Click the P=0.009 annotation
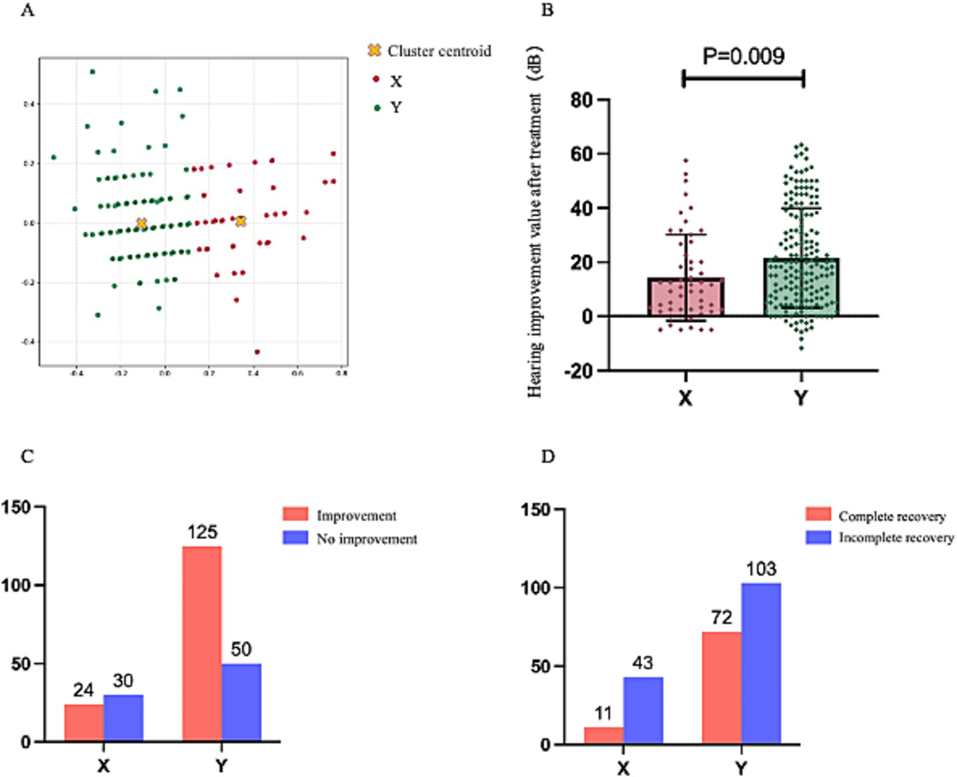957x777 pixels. tap(743, 56)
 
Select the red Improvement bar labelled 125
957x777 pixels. tap(202, 644)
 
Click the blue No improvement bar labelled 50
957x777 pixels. tap(241, 702)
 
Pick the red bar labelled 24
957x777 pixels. tap(84, 723)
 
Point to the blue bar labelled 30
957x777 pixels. tap(123, 718)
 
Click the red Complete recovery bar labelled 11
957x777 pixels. tap(604, 735)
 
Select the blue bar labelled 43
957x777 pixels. tap(643, 710)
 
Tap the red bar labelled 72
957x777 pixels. tap(721, 687)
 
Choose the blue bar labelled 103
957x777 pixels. tap(761, 663)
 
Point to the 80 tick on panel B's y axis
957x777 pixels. tap(582, 100)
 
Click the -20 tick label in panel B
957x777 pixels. tap(578, 371)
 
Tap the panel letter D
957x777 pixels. tap(547, 457)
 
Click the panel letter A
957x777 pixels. tap(27, 11)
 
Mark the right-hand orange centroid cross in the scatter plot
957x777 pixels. tap(241, 221)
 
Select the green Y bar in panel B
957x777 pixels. tap(801, 287)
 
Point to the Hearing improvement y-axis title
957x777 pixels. tap(535, 221)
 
